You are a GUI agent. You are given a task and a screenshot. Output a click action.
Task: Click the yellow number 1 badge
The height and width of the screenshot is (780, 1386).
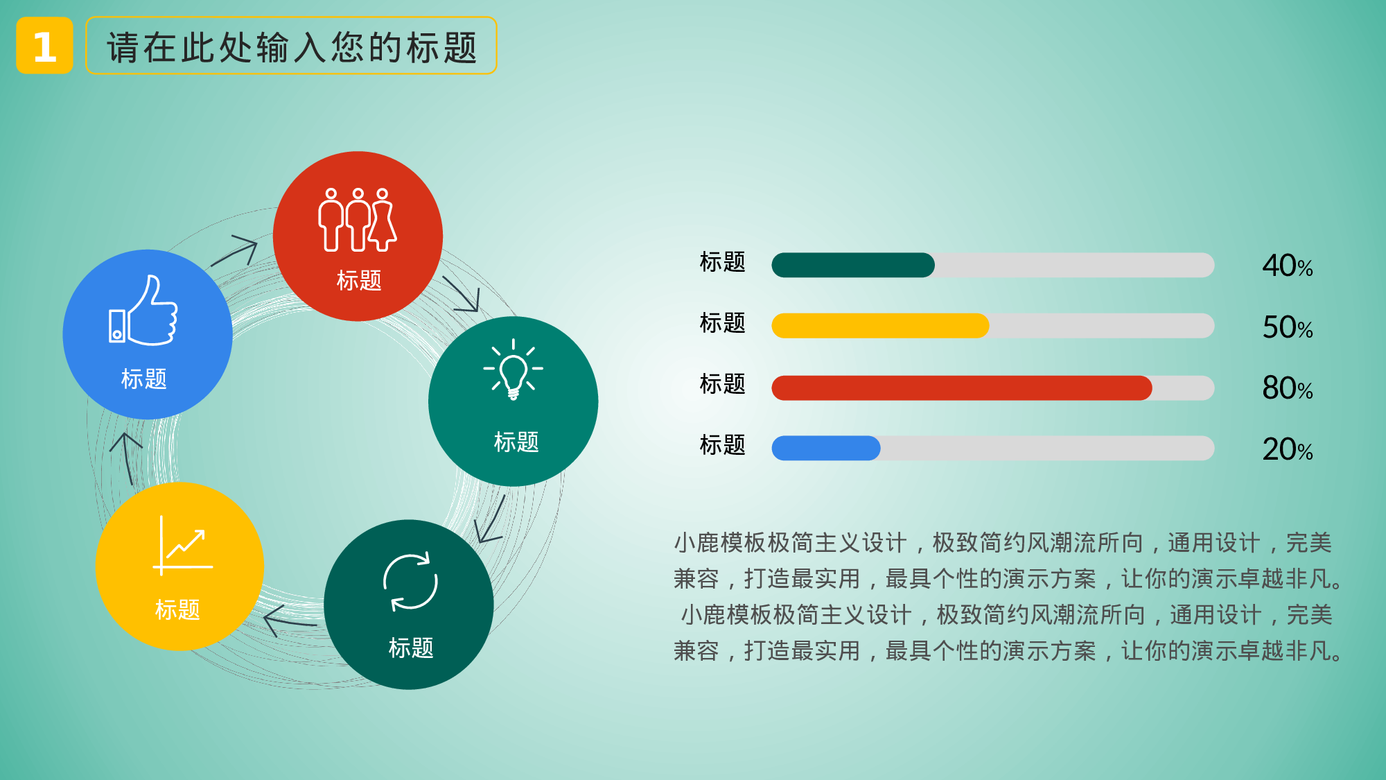click(44, 46)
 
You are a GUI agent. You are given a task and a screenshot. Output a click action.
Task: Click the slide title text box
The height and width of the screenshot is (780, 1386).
click(291, 46)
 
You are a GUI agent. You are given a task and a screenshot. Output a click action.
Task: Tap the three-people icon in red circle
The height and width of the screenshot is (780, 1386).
click(357, 220)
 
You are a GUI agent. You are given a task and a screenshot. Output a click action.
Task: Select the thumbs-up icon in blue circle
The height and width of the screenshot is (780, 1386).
click(143, 312)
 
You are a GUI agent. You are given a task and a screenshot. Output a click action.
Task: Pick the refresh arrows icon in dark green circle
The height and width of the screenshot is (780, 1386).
click(410, 582)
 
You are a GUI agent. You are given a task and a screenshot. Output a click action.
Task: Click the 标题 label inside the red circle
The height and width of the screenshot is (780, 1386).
click(358, 280)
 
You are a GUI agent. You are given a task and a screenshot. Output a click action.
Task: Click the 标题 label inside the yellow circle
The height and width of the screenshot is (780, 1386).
click(177, 609)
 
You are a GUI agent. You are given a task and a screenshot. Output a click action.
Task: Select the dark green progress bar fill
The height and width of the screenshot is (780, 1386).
click(852, 265)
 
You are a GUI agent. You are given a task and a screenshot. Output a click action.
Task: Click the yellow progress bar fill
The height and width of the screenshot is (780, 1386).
click(880, 326)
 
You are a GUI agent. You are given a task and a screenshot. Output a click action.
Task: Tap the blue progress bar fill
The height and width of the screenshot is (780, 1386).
click(825, 448)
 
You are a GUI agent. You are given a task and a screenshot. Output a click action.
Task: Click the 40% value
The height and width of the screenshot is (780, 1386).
click(1287, 266)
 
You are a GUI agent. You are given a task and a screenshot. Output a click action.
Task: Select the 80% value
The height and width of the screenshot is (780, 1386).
click(1287, 388)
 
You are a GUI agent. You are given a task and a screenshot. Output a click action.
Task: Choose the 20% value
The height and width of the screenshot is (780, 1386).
click(1287, 450)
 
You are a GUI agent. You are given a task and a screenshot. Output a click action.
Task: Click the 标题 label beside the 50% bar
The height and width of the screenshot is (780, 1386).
click(722, 323)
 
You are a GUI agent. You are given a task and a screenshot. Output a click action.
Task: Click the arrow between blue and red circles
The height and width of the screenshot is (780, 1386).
click(236, 250)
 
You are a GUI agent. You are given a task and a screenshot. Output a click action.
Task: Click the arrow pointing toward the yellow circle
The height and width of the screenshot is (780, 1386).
click(288, 621)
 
